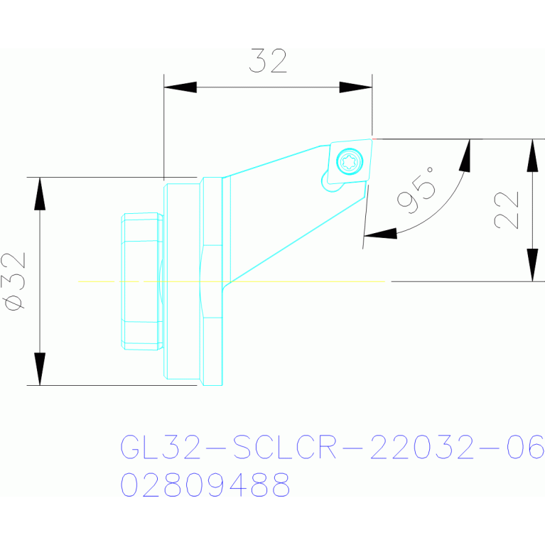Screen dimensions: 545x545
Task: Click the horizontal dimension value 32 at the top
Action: coord(268,61)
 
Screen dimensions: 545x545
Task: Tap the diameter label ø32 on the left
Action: coord(14,281)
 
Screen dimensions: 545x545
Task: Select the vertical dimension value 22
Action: coord(507,210)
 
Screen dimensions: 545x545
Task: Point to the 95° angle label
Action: coord(416,190)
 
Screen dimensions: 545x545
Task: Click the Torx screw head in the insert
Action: coord(350,161)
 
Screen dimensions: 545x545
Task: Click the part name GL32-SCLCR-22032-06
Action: coord(333,447)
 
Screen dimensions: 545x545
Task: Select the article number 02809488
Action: coord(205,485)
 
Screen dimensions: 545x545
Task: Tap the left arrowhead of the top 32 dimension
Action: coord(180,87)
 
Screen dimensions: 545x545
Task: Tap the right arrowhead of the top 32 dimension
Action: coord(355,87)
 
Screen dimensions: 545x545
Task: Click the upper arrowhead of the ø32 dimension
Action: coord(40,193)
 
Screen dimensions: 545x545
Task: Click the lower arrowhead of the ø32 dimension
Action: coord(40,369)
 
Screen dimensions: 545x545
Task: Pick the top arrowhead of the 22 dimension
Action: coord(532,156)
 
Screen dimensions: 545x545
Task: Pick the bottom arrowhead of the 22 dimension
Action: coord(532,265)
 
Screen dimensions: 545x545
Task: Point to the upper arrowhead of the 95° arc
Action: coord(465,156)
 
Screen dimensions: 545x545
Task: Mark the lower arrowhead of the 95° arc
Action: coord(380,234)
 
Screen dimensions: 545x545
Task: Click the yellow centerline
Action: coord(232,281)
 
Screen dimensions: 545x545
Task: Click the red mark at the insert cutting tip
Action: coord(374,139)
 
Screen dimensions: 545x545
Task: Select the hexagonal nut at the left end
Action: coord(142,281)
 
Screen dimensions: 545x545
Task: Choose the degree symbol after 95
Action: coord(430,170)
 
